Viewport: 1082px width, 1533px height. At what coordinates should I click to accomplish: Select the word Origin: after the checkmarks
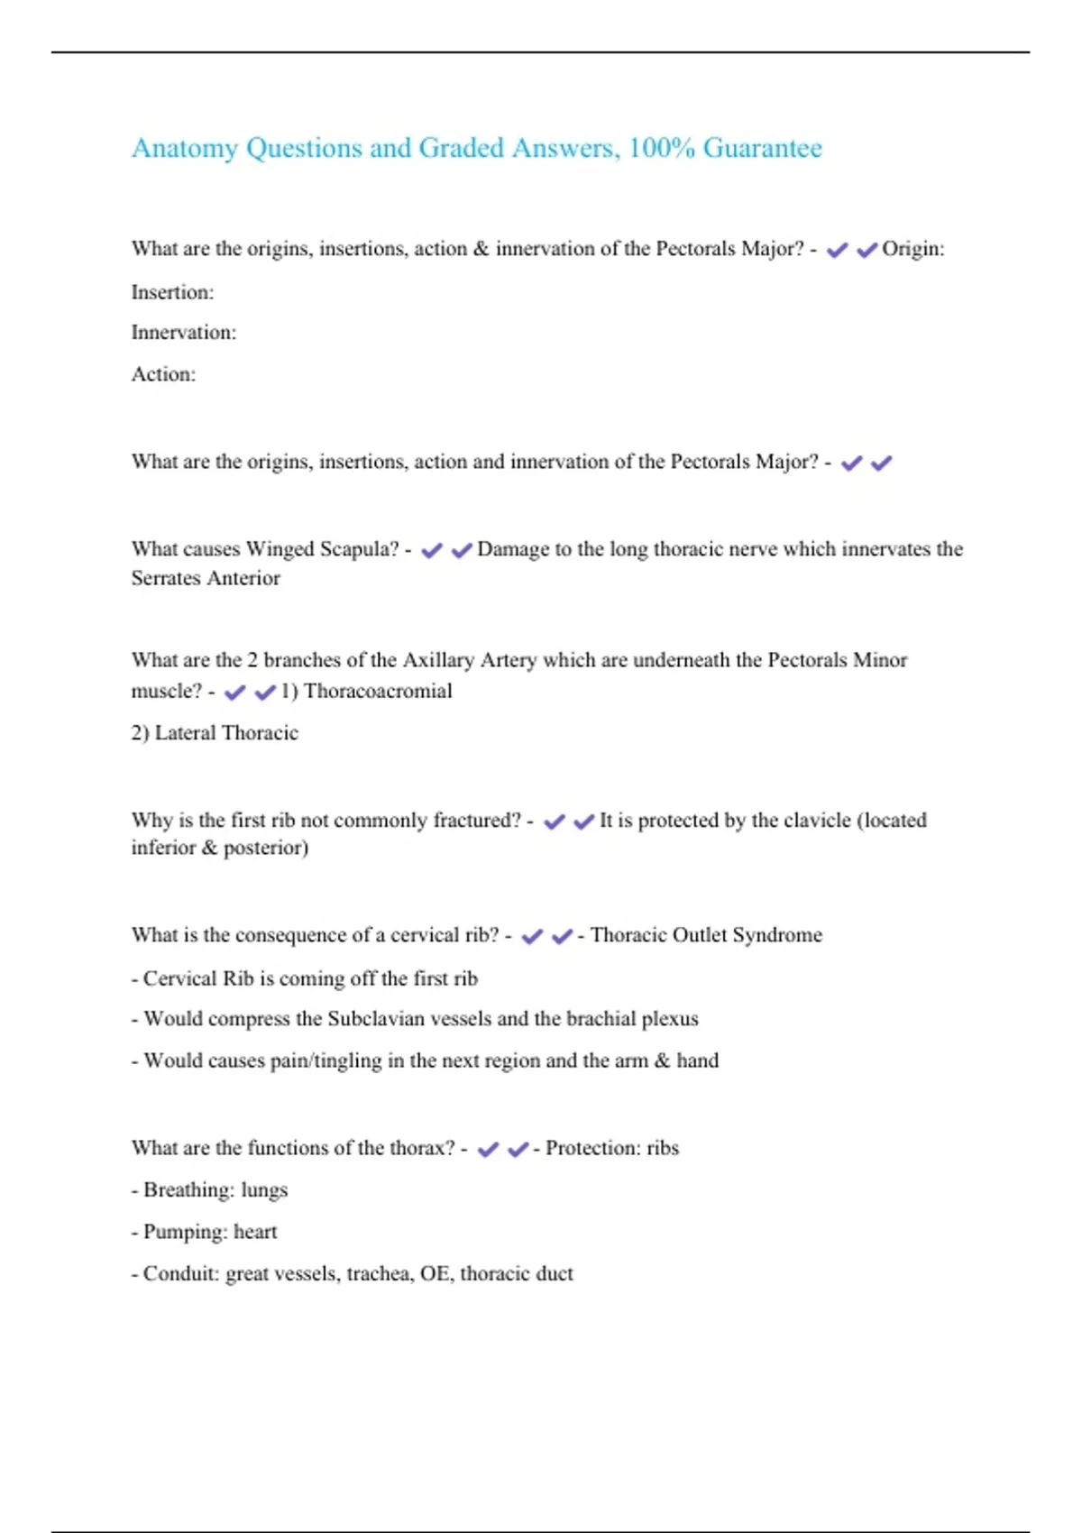click(912, 249)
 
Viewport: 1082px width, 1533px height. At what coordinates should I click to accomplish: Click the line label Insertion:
click(172, 292)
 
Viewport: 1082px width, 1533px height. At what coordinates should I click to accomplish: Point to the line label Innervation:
click(183, 333)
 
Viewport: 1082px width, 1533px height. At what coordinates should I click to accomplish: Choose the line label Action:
click(163, 374)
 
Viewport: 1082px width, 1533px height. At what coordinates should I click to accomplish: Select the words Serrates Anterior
click(206, 578)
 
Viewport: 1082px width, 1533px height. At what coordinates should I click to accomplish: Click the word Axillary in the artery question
click(437, 660)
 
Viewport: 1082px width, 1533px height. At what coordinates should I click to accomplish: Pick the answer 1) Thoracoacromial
click(366, 692)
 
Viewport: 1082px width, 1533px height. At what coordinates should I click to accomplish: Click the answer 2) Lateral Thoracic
click(215, 733)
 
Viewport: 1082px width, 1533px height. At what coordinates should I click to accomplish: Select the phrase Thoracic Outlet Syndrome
click(706, 935)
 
